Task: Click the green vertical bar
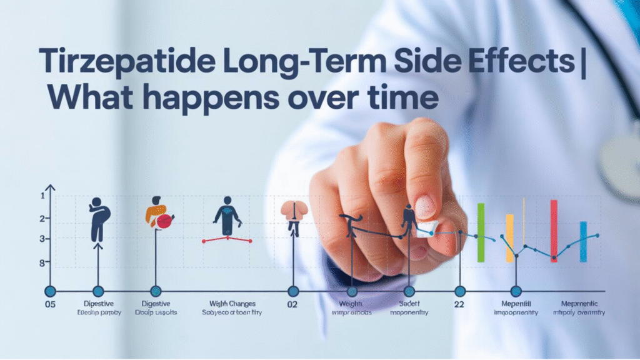point(481,232)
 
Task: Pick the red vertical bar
point(554,230)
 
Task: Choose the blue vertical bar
point(583,241)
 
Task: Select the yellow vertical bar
point(509,237)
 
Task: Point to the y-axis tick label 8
point(42,263)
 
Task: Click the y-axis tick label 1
point(42,196)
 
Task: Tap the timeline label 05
point(51,306)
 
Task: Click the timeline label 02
point(292,306)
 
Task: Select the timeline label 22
point(459,306)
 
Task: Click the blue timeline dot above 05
point(51,291)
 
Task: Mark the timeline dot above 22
point(459,291)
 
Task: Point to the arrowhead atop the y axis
point(51,187)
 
